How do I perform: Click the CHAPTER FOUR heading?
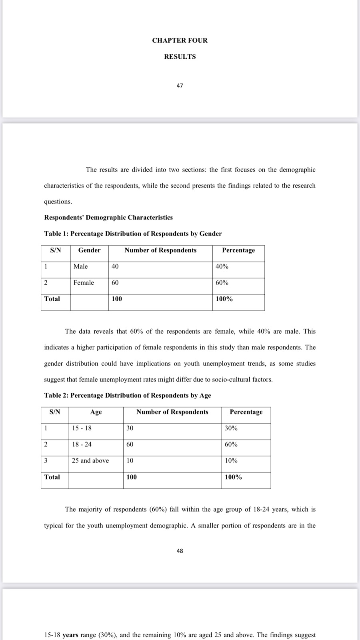[x=180, y=40]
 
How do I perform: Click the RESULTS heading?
[x=180, y=57]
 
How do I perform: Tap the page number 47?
[x=180, y=86]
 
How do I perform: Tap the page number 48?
[x=180, y=551]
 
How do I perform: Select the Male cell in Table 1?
[x=80, y=266]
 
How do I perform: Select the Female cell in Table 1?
[x=84, y=283]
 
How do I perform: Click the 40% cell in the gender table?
[x=222, y=266]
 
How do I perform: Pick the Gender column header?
[x=89, y=250]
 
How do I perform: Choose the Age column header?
[x=96, y=412]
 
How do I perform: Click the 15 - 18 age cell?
[x=82, y=428]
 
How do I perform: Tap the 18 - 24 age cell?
[x=82, y=444]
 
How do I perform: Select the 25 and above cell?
[x=90, y=461]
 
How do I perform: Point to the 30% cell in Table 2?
[x=231, y=428]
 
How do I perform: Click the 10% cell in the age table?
[x=231, y=461]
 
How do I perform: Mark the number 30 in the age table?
[x=130, y=428]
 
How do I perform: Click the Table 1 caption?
[x=133, y=234]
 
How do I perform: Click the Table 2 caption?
[x=128, y=395]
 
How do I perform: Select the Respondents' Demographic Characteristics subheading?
[x=108, y=218]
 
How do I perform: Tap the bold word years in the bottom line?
[x=70, y=635]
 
